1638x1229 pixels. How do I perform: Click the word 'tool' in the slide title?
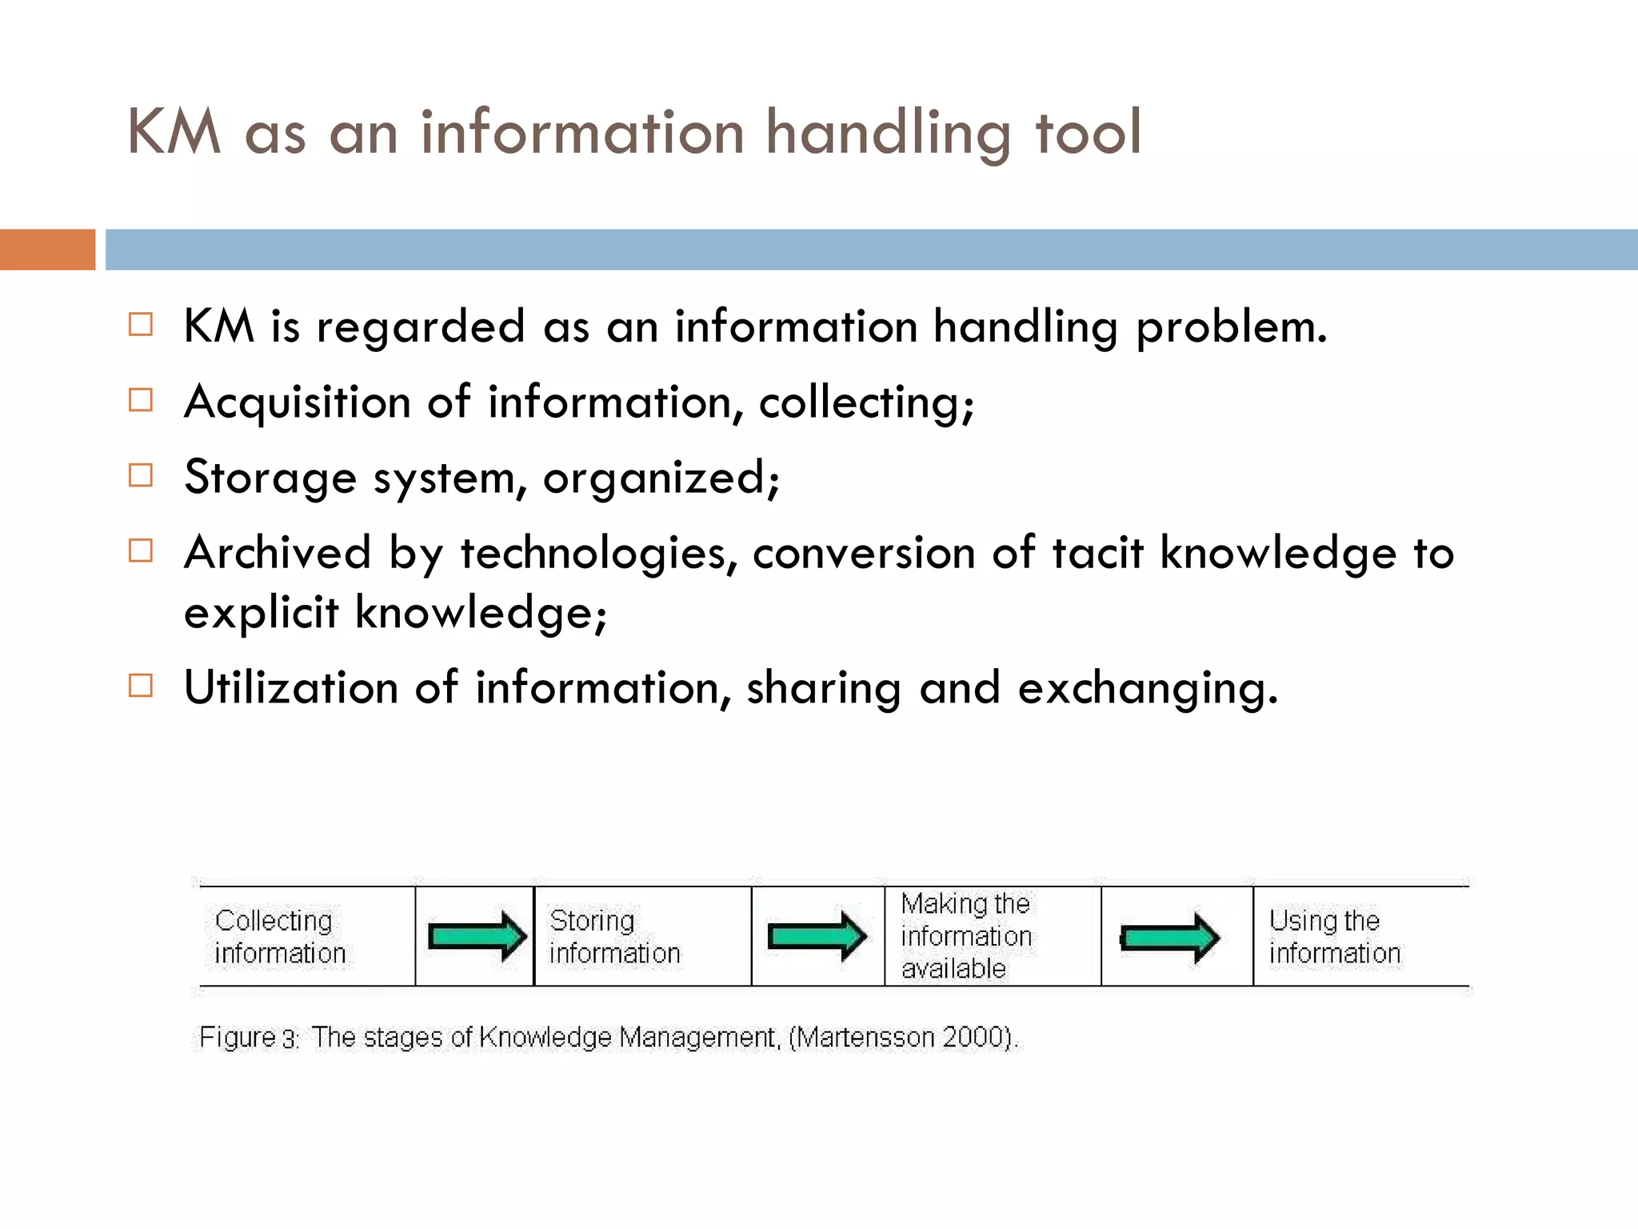[1088, 133]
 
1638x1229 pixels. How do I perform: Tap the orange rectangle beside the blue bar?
[47, 250]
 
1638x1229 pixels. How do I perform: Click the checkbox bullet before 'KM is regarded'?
[141, 325]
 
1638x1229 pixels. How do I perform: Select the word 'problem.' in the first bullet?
[1231, 328]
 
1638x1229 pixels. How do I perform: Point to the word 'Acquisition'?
[297, 402]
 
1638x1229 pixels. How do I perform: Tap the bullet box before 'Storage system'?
[141, 475]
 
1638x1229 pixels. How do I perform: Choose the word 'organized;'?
[661, 478]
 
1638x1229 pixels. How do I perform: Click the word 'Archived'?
[278, 553]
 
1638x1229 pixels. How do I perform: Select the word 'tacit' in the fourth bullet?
[1097, 553]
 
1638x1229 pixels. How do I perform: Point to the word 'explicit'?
[261, 613]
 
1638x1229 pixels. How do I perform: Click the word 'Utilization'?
[290, 687]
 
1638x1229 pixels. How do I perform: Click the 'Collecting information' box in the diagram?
[307, 936]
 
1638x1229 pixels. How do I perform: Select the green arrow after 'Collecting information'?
[477, 935]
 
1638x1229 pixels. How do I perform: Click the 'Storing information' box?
[642, 936]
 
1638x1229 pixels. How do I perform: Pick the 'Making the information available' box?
[992, 936]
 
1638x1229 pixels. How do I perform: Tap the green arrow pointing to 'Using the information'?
[1169, 937]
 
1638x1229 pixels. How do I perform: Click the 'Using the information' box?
[1360, 936]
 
